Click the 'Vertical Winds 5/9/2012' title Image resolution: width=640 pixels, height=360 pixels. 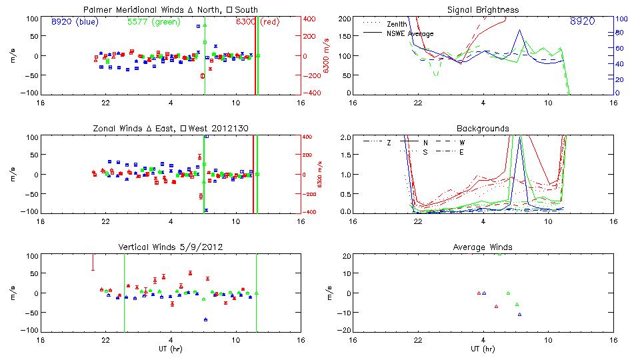(170, 247)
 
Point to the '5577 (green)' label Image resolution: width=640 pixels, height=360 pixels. (151, 22)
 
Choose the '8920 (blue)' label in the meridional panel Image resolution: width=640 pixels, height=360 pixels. (74, 22)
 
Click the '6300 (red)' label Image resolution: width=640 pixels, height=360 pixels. (257, 22)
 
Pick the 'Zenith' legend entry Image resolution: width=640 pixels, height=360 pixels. (398, 24)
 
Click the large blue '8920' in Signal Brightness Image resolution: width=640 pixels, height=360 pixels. (583, 22)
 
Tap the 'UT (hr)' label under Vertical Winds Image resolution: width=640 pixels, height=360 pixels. (171, 349)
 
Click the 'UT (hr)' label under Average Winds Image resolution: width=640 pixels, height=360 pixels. (483, 349)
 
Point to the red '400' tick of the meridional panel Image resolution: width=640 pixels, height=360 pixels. (311, 19)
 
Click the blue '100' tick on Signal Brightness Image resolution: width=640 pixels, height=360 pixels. (619, 19)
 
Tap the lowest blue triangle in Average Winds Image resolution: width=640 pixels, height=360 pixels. (519, 314)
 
